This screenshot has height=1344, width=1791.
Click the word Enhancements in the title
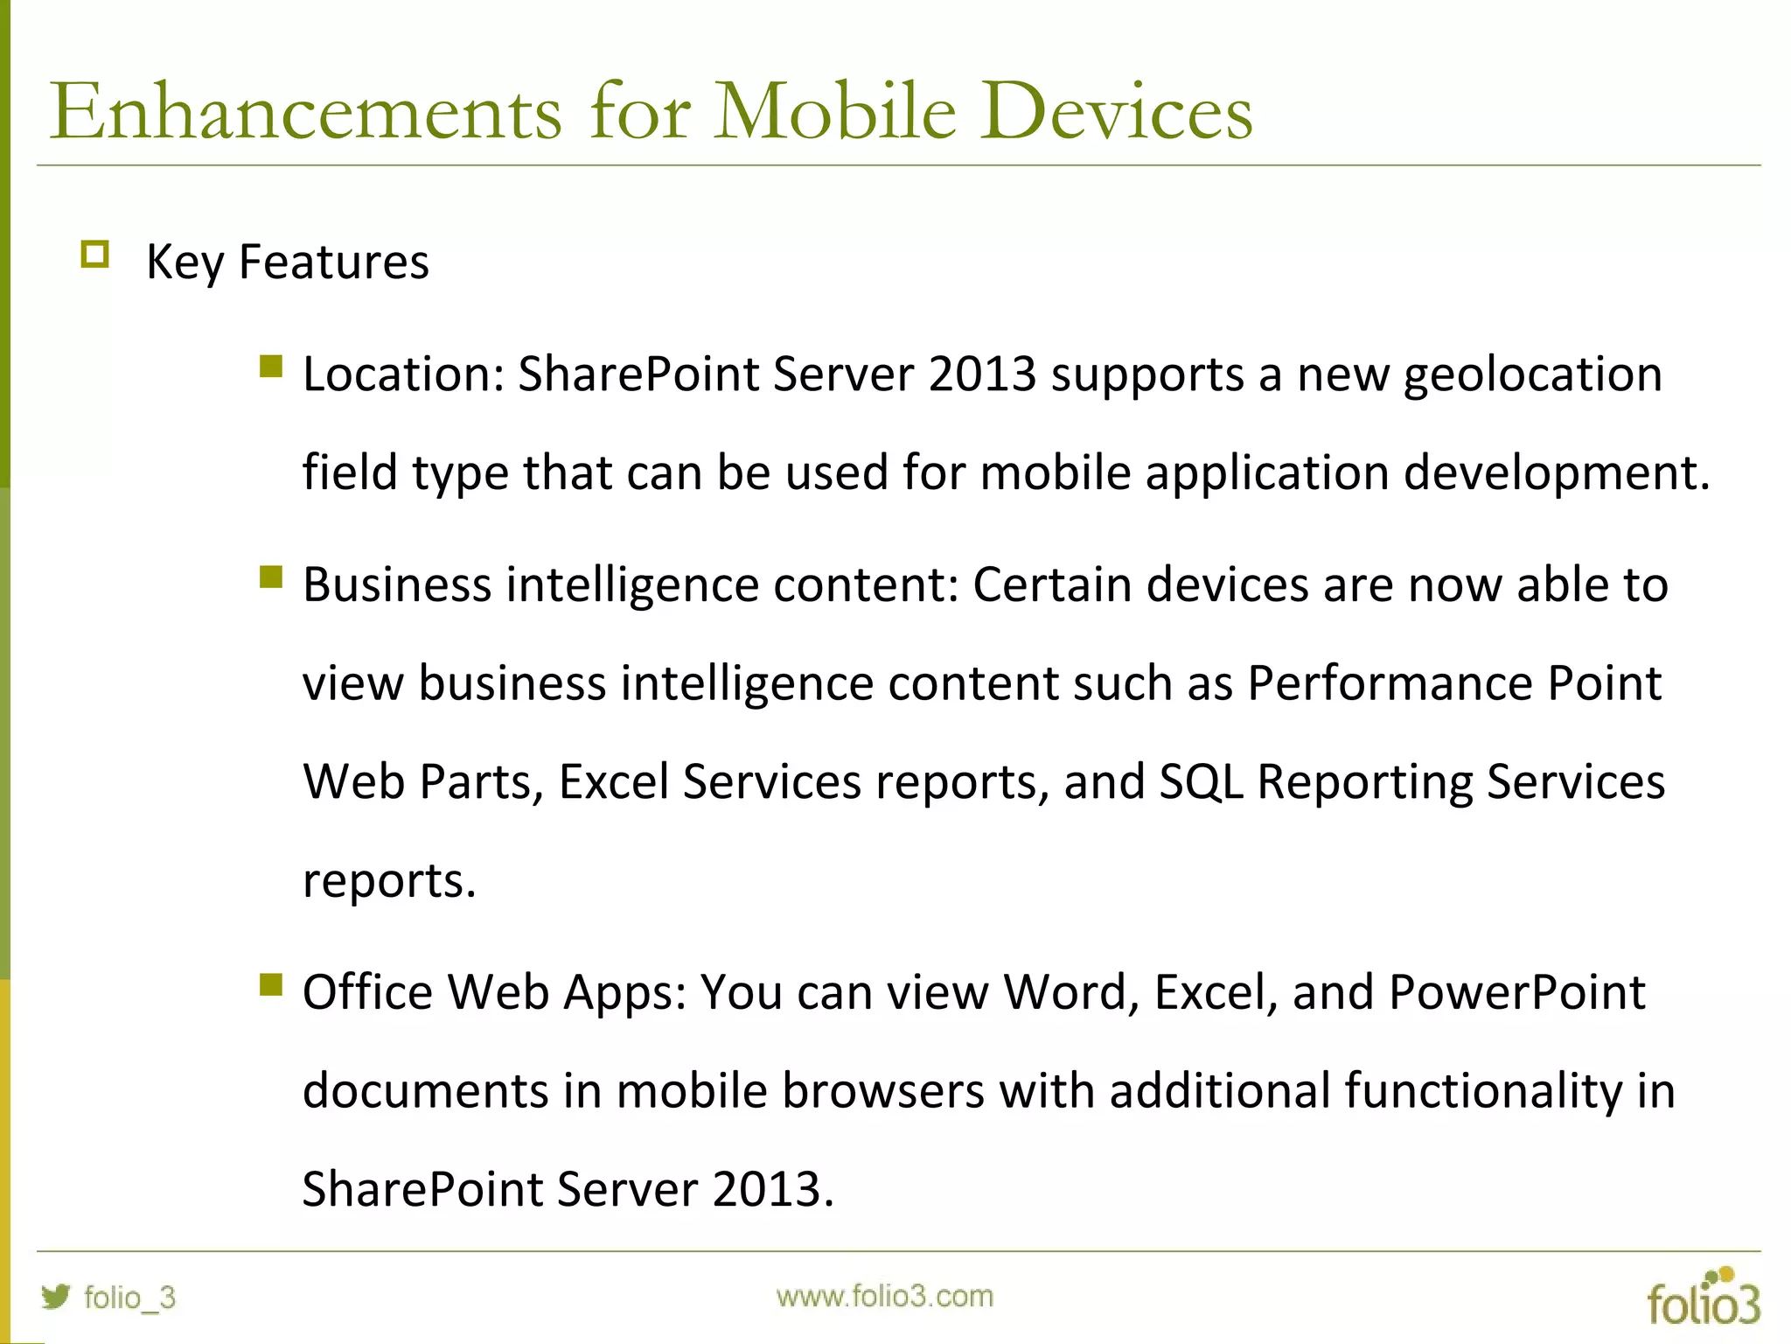point(305,112)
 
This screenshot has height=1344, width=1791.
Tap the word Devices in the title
point(1116,112)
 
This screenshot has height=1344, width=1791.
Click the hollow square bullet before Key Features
point(94,255)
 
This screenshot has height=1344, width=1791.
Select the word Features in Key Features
point(333,262)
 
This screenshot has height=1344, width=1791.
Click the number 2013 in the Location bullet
point(982,374)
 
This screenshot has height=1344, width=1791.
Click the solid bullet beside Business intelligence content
point(271,577)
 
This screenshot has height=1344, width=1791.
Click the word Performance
point(1390,683)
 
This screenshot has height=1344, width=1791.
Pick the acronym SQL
point(1200,781)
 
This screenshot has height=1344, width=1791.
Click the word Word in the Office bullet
point(1070,992)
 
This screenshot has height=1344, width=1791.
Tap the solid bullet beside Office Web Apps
point(271,985)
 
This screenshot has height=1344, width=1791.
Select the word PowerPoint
point(1516,992)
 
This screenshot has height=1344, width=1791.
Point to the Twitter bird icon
point(55,1296)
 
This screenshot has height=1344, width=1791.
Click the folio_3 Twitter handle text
point(129,1297)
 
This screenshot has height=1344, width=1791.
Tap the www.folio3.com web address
point(884,1296)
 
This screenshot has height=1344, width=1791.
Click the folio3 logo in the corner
point(1703,1298)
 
